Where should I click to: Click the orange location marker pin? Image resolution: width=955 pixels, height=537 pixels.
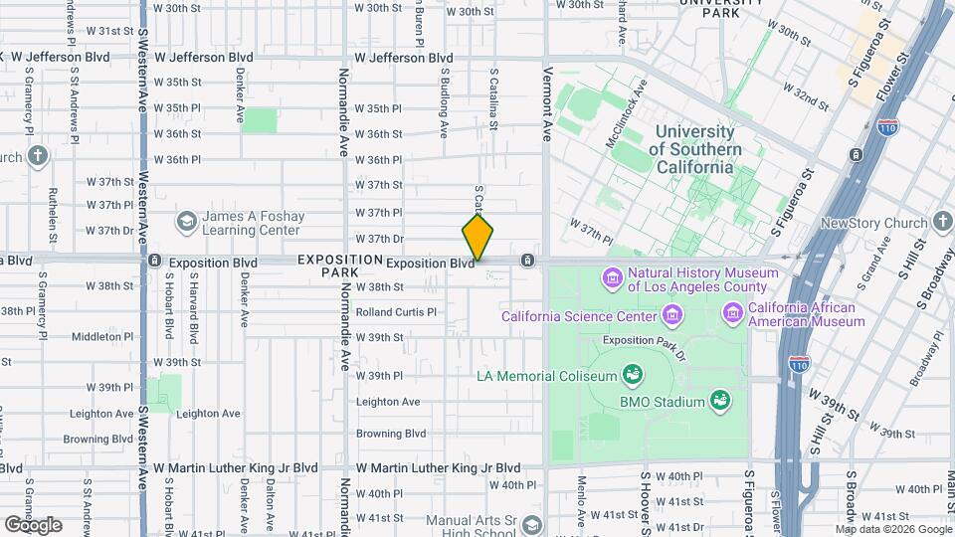(x=477, y=237)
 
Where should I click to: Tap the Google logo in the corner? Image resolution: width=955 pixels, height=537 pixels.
(x=32, y=524)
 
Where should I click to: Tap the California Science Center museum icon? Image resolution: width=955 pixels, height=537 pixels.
(x=673, y=316)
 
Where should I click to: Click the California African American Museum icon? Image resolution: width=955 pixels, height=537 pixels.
(x=733, y=314)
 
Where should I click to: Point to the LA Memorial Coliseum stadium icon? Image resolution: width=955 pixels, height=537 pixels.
(x=631, y=375)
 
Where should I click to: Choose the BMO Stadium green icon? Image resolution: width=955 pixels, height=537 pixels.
(x=715, y=402)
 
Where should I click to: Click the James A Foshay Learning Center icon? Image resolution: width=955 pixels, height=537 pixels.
(x=186, y=221)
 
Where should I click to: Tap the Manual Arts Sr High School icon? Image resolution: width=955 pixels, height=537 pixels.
(x=533, y=525)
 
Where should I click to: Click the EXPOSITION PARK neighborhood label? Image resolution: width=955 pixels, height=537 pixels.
(x=340, y=266)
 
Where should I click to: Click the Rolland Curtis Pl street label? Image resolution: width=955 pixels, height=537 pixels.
(x=396, y=311)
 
